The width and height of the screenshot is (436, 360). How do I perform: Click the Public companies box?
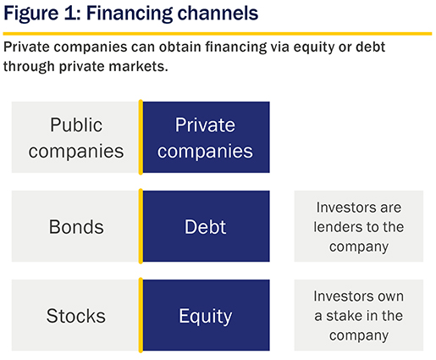pyautogui.click(x=75, y=137)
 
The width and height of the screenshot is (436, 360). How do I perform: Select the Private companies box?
pyautogui.click(x=206, y=137)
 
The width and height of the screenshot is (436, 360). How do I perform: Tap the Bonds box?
pyautogui.click(x=75, y=226)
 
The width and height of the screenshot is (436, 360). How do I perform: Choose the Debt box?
pyautogui.click(x=206, y=226)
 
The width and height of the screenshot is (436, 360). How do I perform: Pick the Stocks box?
pyautogui.click(x=75, y=315)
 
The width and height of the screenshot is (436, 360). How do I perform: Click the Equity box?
pyautogui.click(x=206, y=315)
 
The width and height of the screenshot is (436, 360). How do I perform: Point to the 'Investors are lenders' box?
pyautogui.click(x=359, y=226)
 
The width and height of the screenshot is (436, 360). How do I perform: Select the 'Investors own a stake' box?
pyautogui.click(x=359, y=315)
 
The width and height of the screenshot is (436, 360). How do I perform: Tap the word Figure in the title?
pyautogui.click(x=31, y=14)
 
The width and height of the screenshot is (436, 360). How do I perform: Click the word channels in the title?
pyautogui.click(x=218, y=13)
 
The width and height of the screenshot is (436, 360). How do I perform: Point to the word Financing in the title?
pyautogui.click(x=130, y=14)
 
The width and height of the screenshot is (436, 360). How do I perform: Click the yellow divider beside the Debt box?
pyautogui.click(x=141, y=226)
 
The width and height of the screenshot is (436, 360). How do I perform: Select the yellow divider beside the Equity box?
pyautogui.click(x=141, y=315)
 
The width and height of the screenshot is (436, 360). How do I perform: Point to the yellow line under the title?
pyautogui.click(x=218, y=34)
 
